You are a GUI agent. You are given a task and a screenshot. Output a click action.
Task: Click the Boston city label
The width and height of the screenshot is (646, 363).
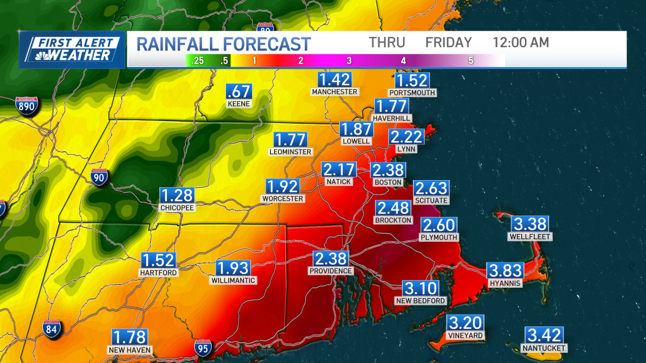(388, 182)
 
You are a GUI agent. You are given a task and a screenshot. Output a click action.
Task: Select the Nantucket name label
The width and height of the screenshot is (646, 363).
(544, 348)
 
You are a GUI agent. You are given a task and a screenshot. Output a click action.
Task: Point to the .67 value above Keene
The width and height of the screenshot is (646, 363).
(238, 91)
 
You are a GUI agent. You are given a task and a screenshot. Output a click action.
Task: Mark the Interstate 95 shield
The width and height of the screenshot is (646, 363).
(203, 348)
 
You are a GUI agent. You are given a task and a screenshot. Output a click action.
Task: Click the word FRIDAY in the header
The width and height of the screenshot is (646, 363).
(448, 42)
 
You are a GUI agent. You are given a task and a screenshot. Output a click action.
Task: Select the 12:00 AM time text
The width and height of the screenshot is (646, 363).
(521, 42)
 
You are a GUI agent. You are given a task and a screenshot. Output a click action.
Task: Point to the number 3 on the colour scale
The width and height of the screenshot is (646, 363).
(349, 61)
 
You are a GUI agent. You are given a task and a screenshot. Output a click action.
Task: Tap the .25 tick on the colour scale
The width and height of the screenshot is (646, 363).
(198, 61)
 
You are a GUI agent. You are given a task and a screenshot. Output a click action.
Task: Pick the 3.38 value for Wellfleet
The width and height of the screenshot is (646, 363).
(530, 224)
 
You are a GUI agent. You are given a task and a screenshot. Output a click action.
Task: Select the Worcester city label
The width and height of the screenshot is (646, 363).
(283, 198)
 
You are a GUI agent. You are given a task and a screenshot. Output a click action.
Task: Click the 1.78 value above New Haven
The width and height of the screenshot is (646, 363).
(129, 337)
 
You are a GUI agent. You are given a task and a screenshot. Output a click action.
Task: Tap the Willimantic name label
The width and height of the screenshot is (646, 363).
(233, 280)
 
